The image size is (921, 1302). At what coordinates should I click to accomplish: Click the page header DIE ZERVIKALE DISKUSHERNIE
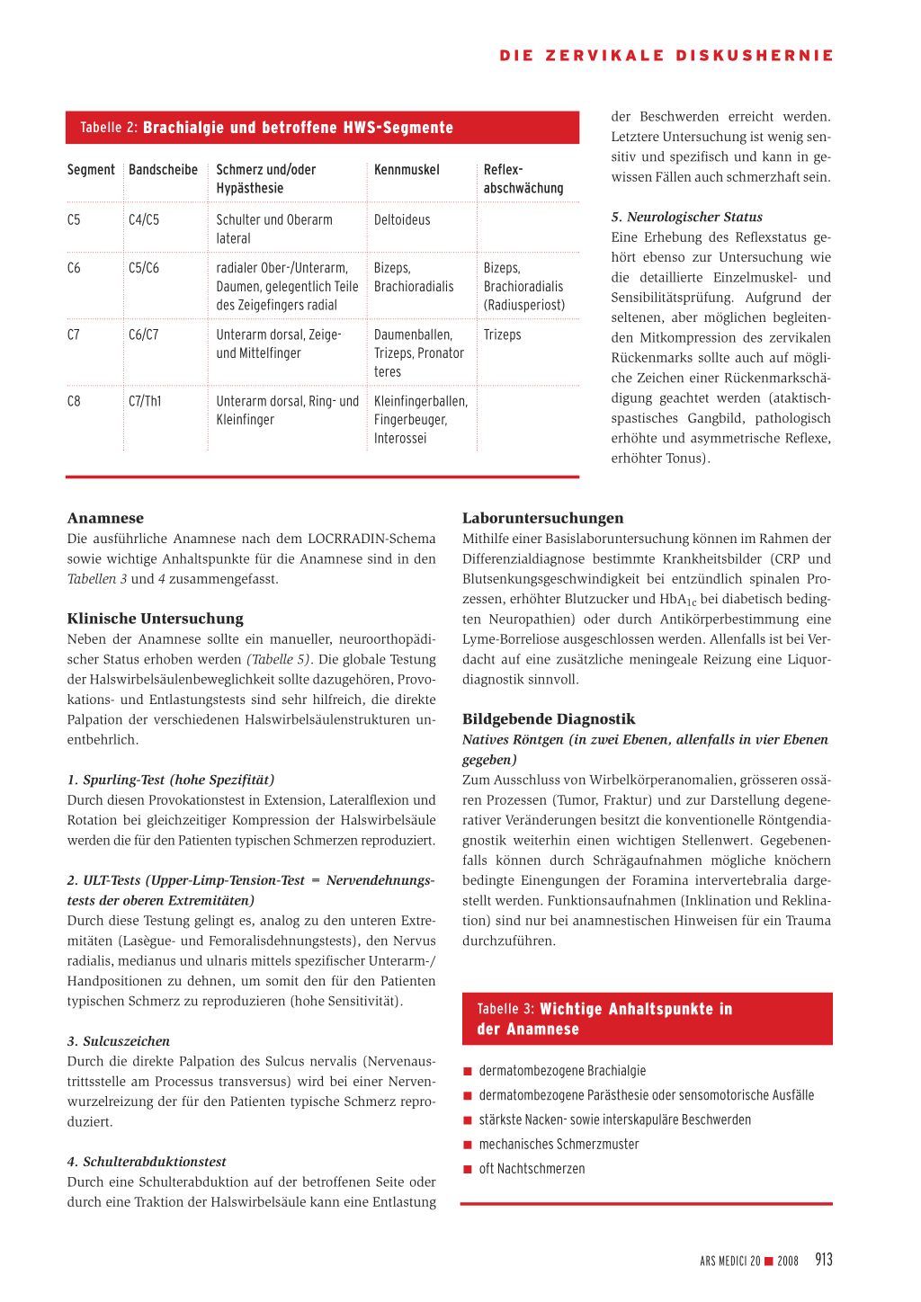(666, 56)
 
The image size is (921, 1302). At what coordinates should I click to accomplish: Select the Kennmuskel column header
(407, 170)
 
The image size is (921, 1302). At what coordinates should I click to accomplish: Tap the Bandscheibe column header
(163, 170)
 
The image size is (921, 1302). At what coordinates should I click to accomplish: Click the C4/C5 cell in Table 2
(144, 220)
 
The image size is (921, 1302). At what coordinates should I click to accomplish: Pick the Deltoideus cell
(402, 220)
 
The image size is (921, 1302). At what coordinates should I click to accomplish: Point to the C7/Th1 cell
(145, 402)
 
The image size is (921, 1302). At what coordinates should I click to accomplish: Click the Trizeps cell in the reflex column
(502, 335)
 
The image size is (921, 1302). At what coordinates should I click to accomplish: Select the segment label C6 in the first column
(74, 269)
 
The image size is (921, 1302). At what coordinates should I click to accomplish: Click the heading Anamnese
(105, 518)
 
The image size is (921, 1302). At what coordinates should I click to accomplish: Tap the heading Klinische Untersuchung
(155, 619)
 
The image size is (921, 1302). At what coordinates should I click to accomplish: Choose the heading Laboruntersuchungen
(542, 518)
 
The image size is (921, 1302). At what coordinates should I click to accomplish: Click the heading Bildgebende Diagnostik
(549, 719)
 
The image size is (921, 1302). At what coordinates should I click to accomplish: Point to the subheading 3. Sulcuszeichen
(118, 1041)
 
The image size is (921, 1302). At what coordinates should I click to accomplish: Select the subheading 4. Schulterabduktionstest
(147, 1162)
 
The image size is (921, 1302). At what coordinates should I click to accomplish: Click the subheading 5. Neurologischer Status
(686, 217)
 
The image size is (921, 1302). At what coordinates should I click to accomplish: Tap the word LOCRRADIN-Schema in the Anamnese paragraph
(371, 539)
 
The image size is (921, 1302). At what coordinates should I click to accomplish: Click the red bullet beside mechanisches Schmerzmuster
(468, 1145)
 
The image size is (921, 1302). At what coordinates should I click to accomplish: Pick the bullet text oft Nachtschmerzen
(532, 1169)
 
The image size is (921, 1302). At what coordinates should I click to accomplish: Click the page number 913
(824, 1260)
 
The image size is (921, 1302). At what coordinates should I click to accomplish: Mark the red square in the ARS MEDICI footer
(769, 1262)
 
